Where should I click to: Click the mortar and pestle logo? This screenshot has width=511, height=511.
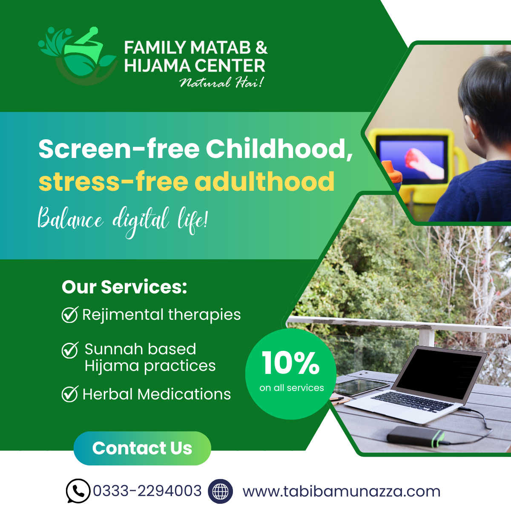click(x=77, y=56)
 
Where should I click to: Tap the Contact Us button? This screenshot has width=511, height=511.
click(x=142, y=448)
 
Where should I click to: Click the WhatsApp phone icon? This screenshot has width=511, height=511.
click(x=78, y=491)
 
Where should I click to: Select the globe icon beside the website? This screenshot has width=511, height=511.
click(x=220, y=491)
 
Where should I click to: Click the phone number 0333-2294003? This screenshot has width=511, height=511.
click(x=147, y=491)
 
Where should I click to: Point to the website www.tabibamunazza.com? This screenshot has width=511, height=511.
click(x=342, y=491)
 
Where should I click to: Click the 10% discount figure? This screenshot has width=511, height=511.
click(x=291, y=363)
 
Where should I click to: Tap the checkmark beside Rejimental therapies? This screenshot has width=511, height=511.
click(x=70, y=315)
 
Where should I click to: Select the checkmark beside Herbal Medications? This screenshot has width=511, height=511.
click(x=70, y=394)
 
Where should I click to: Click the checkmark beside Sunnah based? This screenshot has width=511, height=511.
click(x=70, y=350)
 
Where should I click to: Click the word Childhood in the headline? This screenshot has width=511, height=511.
click(x=279, y=149)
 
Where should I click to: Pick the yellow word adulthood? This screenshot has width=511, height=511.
click(x=266, y=181)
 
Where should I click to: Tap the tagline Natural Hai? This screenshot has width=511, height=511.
click(x=222, y=83)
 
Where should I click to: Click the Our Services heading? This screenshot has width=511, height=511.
click(x=124, y=287)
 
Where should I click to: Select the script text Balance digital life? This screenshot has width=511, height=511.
click(x=123, y=222)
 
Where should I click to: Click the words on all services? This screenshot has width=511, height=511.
click(x=292, y=388)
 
